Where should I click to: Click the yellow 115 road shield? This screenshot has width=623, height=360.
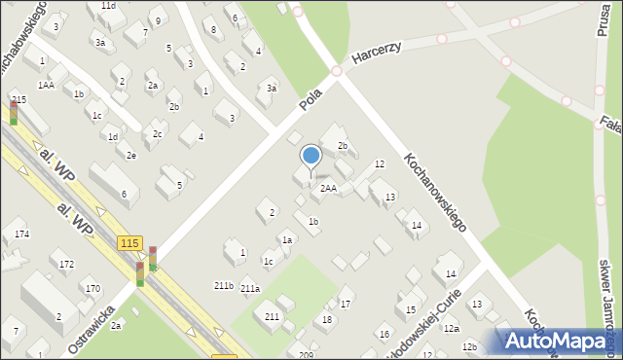tap(129, 242)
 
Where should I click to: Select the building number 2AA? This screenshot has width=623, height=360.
tap(329, 189)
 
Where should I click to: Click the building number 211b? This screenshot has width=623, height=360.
tap(223, 285)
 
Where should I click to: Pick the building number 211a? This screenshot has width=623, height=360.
tap(250, 288)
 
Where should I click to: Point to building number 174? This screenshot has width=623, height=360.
tap(21, 234)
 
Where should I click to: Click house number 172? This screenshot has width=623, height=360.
tap(66, 264)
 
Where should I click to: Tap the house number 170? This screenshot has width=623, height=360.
tap(92, 288)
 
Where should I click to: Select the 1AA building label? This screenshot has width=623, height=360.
tap(47, 85)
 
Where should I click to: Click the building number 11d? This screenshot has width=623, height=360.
tap(108, 6)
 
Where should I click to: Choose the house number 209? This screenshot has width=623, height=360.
tap(306, 354)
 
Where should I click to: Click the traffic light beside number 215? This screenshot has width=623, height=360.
tap(14, 114)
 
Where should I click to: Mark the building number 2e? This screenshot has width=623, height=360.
tap(130, 156)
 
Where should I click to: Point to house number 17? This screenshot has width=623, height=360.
tap(345, 305)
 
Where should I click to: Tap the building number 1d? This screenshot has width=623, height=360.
tap(113, 136)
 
